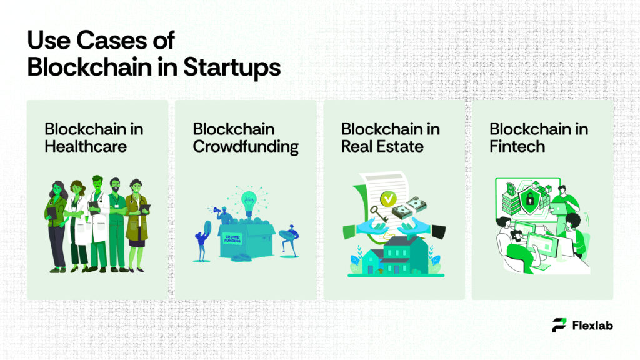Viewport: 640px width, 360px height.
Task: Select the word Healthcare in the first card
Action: [86, 147]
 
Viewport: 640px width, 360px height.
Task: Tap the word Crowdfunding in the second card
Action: [246, 147]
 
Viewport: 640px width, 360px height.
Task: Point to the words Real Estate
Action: [382, 147]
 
